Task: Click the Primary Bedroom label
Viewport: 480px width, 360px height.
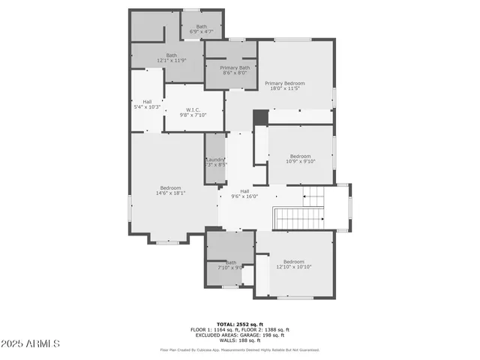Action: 284,86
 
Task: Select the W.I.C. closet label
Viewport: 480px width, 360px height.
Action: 193,113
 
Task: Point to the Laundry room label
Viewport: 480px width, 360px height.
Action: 216,162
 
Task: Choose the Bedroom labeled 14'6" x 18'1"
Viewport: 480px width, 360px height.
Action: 170,190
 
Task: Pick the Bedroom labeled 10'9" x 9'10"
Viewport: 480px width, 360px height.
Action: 300,159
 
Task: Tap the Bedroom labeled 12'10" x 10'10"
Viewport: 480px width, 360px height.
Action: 293,265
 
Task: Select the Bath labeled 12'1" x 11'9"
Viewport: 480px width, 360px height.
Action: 172,58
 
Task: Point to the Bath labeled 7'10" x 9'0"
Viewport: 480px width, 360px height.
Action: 230,265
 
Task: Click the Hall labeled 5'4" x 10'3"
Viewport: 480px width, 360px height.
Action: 146,105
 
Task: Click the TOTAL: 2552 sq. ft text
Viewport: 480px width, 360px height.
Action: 239,325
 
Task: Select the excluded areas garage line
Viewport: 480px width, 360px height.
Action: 239,334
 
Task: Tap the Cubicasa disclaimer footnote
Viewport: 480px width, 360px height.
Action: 239,349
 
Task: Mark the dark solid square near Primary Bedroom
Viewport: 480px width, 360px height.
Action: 260,118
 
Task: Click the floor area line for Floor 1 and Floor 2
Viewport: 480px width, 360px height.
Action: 239,330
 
